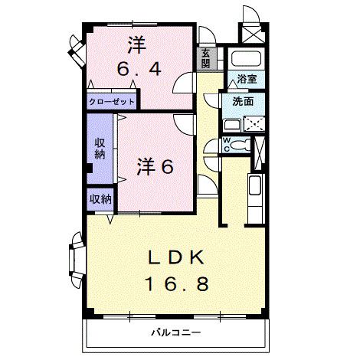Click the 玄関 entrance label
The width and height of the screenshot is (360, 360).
tap(205, 58)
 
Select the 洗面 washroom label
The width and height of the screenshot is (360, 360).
tap(244, 102)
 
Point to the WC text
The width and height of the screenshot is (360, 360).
tap(227, 144)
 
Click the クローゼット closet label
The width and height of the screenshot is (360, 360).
tap(112, 101)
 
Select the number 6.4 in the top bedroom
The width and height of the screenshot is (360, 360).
tap(139, 68)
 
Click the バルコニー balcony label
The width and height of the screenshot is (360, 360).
tap(175, 333)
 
